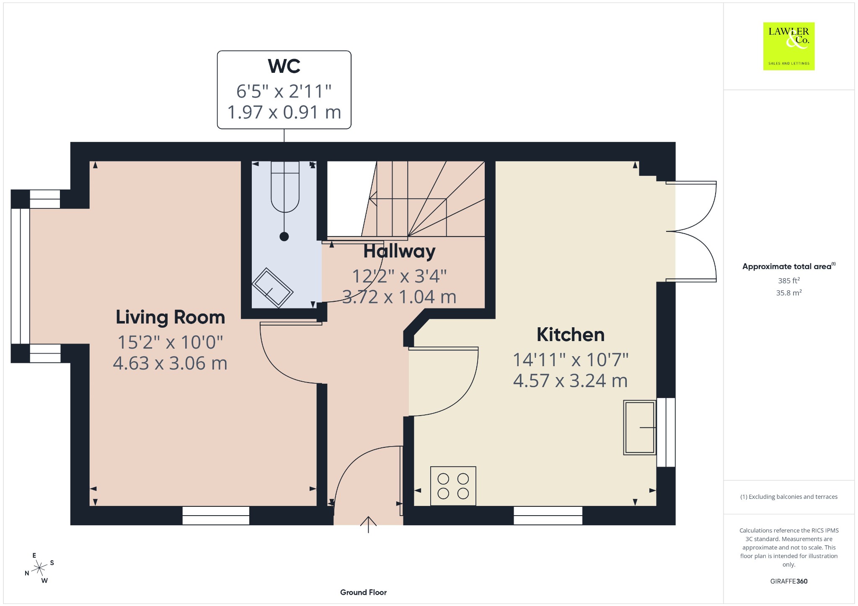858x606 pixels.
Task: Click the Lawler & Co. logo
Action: click(788, 46)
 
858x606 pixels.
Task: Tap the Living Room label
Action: click(170, 317)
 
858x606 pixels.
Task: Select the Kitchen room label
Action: click(571, 335)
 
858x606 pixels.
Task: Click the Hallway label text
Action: click(399, 251)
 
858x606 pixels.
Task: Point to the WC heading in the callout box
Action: click(284, 66)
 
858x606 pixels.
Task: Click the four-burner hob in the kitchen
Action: click(453, 486)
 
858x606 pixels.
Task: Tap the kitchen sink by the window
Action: click(639, 427)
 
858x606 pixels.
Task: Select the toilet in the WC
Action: click(285, 187)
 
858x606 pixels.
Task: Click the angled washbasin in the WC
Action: click(272, 288)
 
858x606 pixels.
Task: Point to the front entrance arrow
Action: click(368, 524)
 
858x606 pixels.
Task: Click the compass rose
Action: click(39, 568)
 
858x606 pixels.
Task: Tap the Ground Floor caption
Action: click(363, 592)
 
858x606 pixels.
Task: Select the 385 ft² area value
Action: click(788, 280)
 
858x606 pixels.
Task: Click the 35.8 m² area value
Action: click(788, 293)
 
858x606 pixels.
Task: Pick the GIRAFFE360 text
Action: click(788, 581)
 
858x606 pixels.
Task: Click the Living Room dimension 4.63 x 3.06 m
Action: click(170, 363)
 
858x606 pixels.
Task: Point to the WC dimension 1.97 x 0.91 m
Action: click(284, 112)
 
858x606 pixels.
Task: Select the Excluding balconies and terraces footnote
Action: click(788, 497)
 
